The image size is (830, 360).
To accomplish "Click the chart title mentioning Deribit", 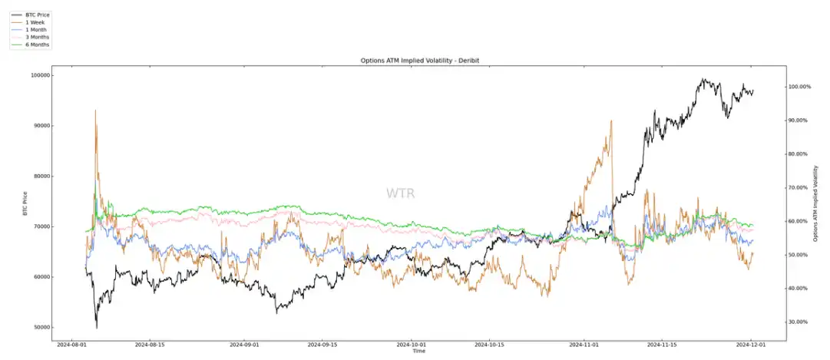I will [415, 61].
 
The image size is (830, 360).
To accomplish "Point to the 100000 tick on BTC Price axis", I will [41, 75].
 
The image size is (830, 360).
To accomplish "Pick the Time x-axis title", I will [418, 351].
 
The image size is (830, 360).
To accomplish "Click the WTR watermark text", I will [401, 193].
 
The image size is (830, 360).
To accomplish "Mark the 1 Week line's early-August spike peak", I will [95, 110].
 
